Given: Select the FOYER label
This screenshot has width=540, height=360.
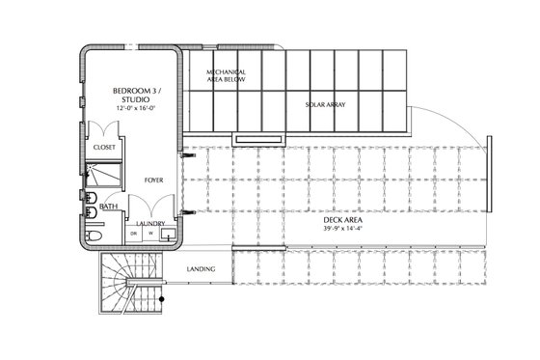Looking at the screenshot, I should tap(152, 180).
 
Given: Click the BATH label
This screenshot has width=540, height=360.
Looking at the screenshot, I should tap(108, 206).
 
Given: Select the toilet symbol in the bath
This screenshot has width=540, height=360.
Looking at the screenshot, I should tap(94, 235).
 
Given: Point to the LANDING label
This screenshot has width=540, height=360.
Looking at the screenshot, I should tap(201, 268).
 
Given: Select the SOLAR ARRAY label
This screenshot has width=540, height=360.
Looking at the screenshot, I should tap(325, 105).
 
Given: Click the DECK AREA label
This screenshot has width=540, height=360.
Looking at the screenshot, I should tap(343, 220).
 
